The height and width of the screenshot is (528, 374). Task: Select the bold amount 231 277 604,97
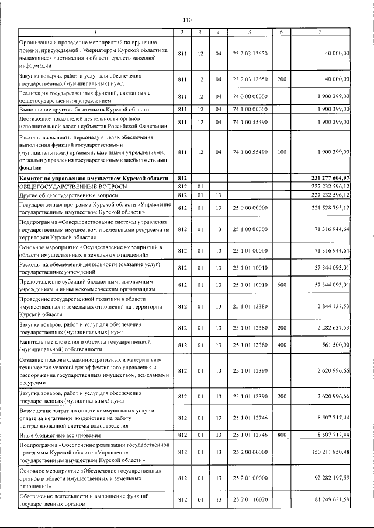[x=330, y=177]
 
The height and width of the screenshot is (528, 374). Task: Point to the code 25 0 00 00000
[x=250, y=208]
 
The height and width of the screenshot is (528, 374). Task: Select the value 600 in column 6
[x=282, y=285]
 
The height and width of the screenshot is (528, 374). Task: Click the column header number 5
[x=250, y=32]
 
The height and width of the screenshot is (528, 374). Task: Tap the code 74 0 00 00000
[x=250, y=96]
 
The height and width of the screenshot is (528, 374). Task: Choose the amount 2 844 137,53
[x=333, y=306]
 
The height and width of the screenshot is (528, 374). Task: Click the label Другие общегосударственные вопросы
[x=65, y=195]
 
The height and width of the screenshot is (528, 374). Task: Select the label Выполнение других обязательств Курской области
[x=84, y=109]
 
